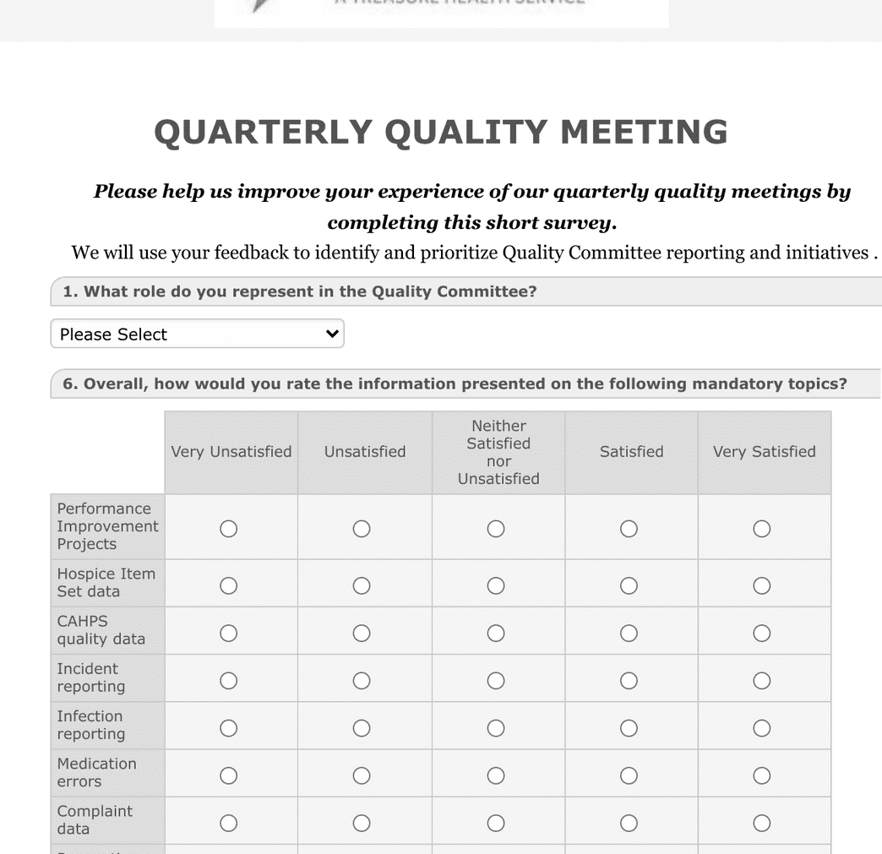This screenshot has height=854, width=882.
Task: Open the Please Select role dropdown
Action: [x=197, y=334]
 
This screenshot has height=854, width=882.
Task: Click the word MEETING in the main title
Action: [x=644, y=133]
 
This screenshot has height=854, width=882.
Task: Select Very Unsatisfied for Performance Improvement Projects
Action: [x=228, y=529]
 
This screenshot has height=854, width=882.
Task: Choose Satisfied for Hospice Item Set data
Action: [x=629, y=585]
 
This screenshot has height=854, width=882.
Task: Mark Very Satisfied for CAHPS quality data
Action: [x=761, y=633]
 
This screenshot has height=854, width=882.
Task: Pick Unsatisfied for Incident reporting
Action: [x=362, y=681]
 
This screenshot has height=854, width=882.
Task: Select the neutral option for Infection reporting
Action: [x=496, y=728]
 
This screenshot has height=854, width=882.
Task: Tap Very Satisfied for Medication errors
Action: [x=761, y=775]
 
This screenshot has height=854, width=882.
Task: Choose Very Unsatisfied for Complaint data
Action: [x=228, y=823]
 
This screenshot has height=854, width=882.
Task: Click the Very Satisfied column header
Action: [x=764, y=452]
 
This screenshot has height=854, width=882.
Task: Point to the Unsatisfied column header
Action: [x=365, y=452]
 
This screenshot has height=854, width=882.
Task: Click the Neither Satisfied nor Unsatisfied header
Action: [x=498, y=452]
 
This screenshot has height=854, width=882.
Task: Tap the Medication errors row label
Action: [x=96, y=772]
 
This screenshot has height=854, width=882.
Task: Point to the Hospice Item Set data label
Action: [x=106, y=582]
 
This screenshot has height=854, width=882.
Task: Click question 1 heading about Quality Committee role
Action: [x=300, y=292]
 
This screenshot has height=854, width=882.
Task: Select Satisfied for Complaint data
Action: [x=629, y=823]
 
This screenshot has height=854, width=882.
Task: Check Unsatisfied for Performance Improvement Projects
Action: [x=362, y=529]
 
